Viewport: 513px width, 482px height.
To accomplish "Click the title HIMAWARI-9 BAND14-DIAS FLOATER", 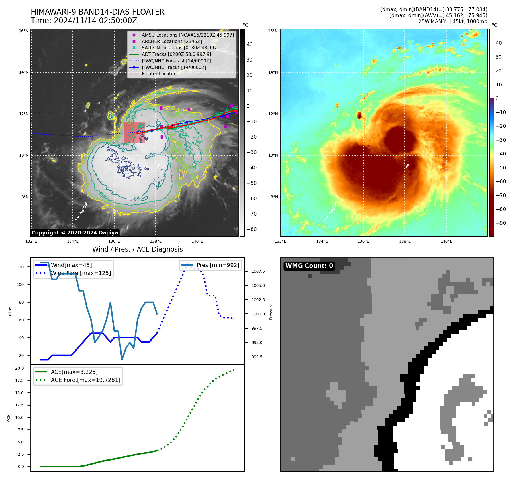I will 97,12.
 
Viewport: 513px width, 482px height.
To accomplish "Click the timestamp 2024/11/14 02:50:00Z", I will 95,21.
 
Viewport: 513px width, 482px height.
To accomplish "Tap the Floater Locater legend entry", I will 158,74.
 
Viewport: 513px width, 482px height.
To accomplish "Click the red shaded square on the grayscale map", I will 134,133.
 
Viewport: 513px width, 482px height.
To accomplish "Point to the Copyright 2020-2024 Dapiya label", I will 75,233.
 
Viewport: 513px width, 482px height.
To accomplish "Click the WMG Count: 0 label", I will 309,266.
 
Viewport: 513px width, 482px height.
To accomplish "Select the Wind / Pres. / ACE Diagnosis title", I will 137,250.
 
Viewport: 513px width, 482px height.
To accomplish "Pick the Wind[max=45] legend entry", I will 71,265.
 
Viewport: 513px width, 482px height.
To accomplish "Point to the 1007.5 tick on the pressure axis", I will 258,271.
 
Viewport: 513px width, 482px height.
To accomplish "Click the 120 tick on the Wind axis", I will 20,267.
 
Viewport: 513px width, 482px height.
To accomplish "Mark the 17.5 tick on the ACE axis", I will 19,380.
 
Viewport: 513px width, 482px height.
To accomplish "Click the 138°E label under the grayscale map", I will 156,242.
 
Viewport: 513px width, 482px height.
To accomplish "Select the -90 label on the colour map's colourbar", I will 501,223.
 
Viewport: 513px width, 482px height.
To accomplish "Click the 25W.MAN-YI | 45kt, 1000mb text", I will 453,21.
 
